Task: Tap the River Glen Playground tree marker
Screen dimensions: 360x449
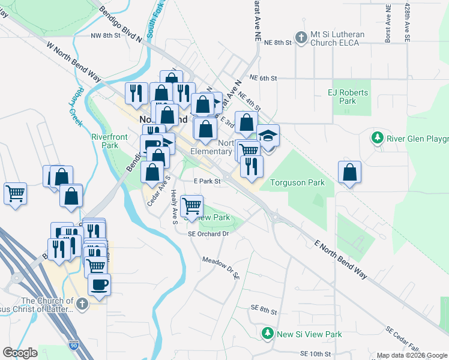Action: tap(378, 139)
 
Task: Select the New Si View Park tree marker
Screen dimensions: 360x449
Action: tap(267, 333)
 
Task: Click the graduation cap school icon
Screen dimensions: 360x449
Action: tap(268, 137)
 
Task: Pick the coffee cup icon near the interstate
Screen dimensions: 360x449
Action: tap(99, 284)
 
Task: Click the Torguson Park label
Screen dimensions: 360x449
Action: tap(297, 182)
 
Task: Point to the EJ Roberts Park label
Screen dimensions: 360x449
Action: tap(348, 97)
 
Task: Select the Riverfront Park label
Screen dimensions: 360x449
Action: tap(109, 141)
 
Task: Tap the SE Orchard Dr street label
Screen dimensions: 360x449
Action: tap(209, 234)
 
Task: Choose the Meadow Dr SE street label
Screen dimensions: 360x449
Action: tap(221, 268)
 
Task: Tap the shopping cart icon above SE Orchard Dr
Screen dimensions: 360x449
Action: tap(191, 206)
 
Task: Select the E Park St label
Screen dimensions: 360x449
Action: tap(206, 181)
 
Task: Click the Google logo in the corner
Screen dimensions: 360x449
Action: tap(20, 353)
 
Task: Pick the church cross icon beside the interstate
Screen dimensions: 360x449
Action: tap(82, 305)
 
